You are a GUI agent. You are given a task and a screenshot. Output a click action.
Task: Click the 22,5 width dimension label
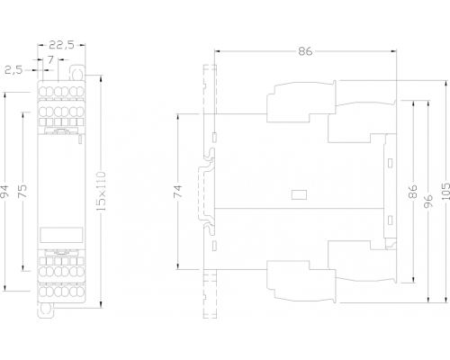point(61,45)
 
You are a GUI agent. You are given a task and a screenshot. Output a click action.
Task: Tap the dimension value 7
point(50,60)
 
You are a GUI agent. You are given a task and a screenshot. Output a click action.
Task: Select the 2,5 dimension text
point(13,70)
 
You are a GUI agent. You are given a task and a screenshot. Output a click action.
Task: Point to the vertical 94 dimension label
point(5,192)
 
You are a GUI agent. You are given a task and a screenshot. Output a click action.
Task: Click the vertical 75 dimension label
point(23,191)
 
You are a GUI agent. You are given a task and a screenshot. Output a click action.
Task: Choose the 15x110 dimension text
point(102,191)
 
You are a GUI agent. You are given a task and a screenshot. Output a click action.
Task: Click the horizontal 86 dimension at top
point(305,51)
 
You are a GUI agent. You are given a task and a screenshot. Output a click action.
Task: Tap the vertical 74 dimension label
point(178,192)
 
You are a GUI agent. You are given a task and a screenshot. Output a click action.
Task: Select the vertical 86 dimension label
point(413,192)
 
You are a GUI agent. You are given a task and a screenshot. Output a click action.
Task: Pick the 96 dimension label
point(428,202)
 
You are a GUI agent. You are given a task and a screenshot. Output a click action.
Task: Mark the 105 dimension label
point(445,192)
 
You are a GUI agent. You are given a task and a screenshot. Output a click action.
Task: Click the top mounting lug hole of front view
point(77,73)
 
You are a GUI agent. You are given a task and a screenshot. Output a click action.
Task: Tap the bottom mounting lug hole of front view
point(46,310)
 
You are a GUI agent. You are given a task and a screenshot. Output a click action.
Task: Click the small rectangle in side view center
point(299,195)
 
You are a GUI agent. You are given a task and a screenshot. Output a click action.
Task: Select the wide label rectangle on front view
point(61,234)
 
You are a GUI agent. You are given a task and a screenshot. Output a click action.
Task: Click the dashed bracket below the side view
point(210,293)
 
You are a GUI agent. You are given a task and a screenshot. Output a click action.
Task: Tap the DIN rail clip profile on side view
point(207,191)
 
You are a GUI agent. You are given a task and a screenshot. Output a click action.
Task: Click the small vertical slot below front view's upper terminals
point(80,139)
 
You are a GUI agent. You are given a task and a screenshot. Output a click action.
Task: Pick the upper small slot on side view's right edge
point(390,163)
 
